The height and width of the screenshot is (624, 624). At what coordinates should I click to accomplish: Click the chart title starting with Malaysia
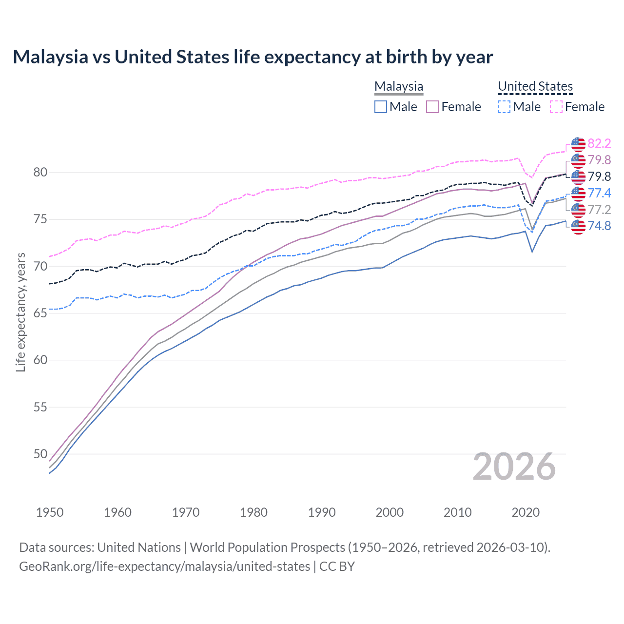pyautogui.click(x=253, y=57)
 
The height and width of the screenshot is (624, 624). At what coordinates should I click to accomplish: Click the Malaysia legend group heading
pyautogui.click(x=399, y=86)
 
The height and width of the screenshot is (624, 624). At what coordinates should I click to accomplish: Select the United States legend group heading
pyautogui.click(x=535, y=86)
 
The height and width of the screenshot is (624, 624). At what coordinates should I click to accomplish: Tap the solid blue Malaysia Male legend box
pyautogui.click(x=381, y=107)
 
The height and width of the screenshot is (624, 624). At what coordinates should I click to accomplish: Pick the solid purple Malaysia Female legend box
pyautogui.click(x=432, y=107)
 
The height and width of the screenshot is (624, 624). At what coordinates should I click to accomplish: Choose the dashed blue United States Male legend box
pyautogui.click(x=505, y=107)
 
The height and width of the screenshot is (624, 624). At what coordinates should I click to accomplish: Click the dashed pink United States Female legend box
pyautogui.click(x=556, y=107)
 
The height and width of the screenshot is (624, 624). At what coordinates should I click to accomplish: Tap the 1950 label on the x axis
pyautogui.click(x=50, y=512)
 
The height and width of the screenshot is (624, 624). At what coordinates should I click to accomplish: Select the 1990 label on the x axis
pyautogui.click(x=322, y=512)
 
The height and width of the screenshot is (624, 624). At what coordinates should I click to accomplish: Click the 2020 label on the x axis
pyautogui.click(x=526, y=512)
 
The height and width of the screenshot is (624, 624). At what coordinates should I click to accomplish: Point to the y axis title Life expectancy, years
pyautogui.click(x=20, y=312)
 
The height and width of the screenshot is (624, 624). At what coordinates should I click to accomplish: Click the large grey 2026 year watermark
pyautogui.click(x=514, y=467)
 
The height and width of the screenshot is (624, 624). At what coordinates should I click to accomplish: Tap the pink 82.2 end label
pyautogui.click(x=599, y=143)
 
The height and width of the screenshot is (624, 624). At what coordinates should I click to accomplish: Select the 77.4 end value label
pyautogui.click(x=599, y=193)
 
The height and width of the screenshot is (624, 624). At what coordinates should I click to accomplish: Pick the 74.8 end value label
pyautogui.click(x=599, y=226)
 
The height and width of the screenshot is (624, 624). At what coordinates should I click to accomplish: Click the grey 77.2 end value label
pyautogui.click(x=599, y=210)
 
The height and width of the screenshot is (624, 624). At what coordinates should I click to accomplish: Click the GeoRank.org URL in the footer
pyautogui.click(x=165, y=566)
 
